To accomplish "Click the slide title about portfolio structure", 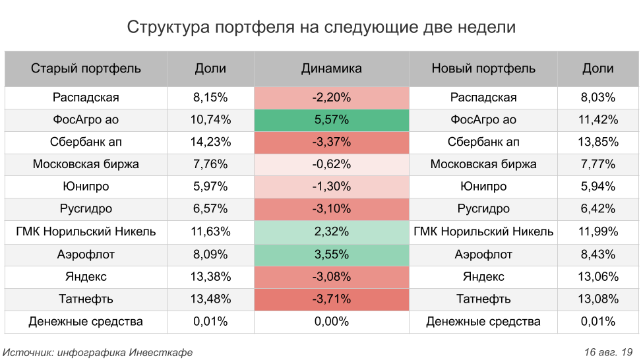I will click(321, 28).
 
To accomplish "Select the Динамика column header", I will click(331, 69).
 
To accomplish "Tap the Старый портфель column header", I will click(86, 69).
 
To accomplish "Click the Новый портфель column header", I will click(483, 69).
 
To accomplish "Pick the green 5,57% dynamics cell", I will click(331, 120).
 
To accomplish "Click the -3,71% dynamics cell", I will click(331, 299).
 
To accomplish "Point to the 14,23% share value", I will click(210, 142).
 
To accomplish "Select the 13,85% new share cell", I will click(598, 142).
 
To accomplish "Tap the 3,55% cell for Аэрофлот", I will click(331, 255).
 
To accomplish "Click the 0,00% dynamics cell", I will click(331, 322).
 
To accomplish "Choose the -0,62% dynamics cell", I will click(331, 164).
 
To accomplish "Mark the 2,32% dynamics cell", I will click(331, 231).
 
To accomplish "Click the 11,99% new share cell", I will click(598, 231).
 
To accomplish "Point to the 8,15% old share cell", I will click(210, 98).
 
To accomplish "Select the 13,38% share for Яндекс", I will click(210, 277).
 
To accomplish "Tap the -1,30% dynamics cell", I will click(331, 187).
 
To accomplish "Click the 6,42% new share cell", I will click(598, 209).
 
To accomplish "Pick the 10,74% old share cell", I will click(210, 120).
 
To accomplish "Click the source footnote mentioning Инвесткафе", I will click(98, 352).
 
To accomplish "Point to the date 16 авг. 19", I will click(609, 352).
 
